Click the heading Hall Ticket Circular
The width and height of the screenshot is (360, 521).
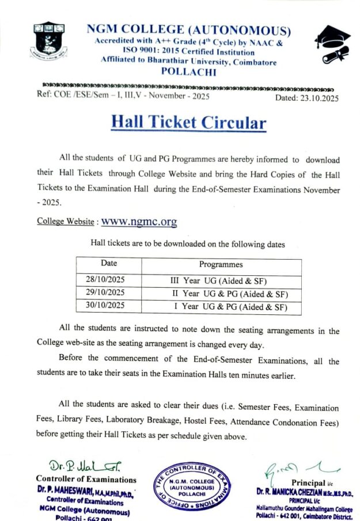(188, 122)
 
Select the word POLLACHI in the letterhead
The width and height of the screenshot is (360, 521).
(188, 72)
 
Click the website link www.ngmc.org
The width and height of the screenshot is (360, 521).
(139, 222)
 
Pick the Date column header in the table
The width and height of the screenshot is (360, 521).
(109, 264)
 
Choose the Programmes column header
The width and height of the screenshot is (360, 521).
(221, 264)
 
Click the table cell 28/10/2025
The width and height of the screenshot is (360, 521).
(105, 280)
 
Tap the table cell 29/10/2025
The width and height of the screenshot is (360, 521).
(105, 293)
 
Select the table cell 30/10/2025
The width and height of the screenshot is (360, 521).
(105, 306)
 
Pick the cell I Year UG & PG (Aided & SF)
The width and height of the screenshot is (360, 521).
(229, 306)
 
